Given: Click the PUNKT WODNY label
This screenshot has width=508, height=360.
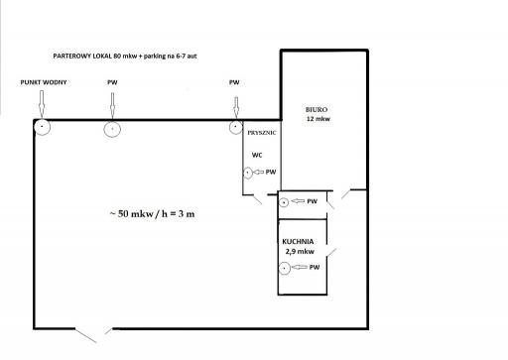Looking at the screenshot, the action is (44, 82).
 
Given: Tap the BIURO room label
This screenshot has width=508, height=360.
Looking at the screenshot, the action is (317, 110).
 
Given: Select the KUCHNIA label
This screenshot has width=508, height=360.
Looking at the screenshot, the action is (298, 242).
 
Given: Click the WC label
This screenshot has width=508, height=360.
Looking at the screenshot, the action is (257, 155).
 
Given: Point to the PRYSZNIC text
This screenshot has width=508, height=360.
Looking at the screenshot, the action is (262, 133).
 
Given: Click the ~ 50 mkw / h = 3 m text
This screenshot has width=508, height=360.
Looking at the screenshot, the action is (152, 214).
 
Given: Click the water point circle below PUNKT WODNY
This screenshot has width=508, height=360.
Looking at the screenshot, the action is (42, 127).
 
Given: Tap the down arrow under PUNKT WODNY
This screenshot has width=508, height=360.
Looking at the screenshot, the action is (42, 103).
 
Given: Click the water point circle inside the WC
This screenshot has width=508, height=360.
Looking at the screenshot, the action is (248, 173).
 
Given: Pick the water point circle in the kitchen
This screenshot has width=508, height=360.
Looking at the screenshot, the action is (285, 268).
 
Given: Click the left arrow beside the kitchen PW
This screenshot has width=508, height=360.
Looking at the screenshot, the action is (300, 267).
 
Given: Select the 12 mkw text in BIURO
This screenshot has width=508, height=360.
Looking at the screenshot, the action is (318, 119).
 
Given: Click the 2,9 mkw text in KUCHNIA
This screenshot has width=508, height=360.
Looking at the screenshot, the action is (300, 252).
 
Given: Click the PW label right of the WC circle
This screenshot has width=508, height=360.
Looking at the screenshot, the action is (271, 172).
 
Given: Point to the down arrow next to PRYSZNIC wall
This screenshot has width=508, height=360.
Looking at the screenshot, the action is (236, 107).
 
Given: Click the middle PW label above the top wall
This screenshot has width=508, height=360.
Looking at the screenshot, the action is (112, 82).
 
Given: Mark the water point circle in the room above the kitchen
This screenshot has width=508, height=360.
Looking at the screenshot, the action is (284, 202).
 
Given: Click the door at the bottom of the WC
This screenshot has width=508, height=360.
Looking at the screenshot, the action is (258, 199).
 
